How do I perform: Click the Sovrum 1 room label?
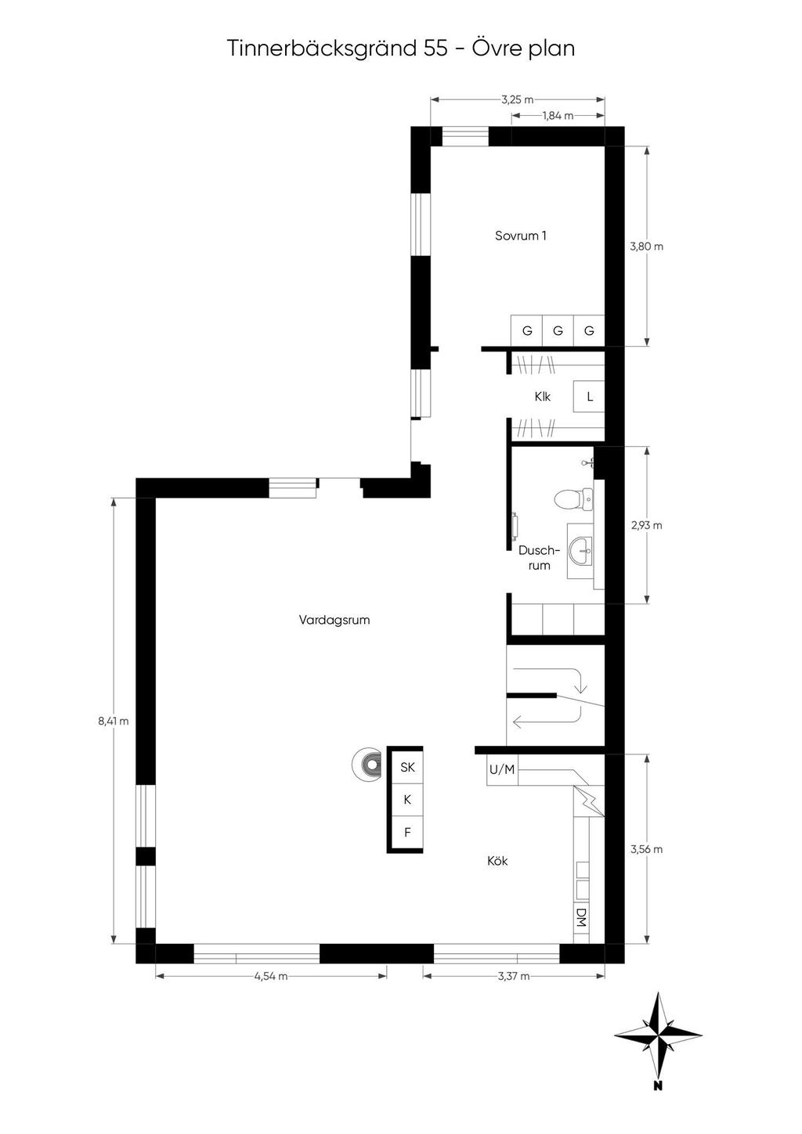pos(520,236)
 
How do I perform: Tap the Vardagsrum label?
pos(334,620)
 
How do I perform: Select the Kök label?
pos(497,861)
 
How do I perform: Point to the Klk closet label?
pos(543,397)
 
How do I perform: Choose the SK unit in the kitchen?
pos(407,767)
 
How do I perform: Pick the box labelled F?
pos(407,832)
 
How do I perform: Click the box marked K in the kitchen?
pos(407,800)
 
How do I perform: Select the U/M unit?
pos(502,769)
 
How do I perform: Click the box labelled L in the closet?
pos(590,397)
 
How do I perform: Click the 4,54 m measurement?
pos(271,976)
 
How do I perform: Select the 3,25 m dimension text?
pos(518,99)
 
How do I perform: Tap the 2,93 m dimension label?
pos(647,525)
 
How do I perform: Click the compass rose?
pos(658,1035)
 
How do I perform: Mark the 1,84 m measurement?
pos(558,116)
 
